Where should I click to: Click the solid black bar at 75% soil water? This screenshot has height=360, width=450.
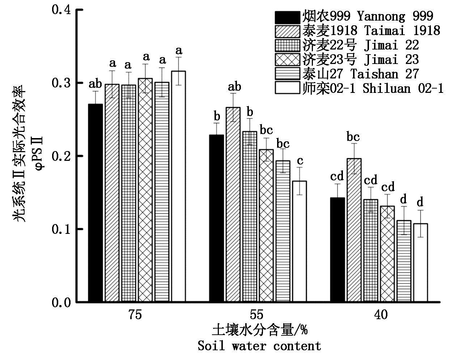click(95, 202)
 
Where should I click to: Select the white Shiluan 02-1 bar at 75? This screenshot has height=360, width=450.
click(178, 186)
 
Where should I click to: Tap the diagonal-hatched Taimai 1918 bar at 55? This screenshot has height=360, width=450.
click(233, 204)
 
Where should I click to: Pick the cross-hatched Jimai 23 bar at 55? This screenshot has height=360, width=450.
click(267, 226)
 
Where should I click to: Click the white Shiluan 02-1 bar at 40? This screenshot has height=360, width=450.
click(421, 262)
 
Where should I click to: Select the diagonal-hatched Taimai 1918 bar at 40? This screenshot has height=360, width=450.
click(354, 230)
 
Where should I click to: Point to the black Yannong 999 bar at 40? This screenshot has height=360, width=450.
click(337, 249)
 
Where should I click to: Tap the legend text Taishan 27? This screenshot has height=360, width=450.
click(384, 74)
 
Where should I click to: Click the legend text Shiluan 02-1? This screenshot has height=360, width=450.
click(403, 88)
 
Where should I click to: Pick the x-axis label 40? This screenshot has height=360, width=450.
click(381, 314)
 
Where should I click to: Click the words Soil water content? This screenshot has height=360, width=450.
click(259, 346)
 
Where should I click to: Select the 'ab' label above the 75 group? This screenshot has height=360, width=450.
click(95, 84)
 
